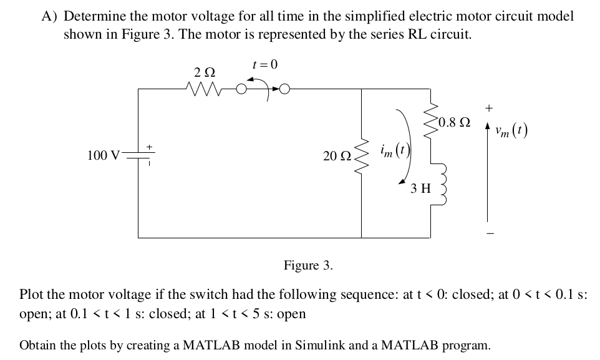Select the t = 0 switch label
coord(264,65)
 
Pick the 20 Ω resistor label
coord(335,156)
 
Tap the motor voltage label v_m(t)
coord(510,132)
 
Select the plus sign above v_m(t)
coord(489,108)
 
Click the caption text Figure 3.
coord(308,265)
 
